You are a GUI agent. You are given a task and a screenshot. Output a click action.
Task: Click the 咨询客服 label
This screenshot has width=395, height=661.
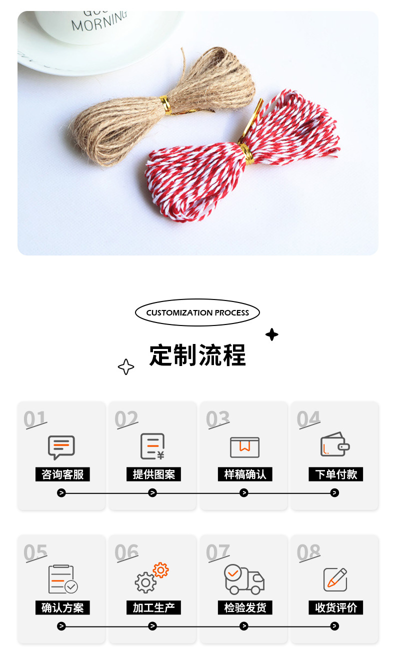tap(62, 474)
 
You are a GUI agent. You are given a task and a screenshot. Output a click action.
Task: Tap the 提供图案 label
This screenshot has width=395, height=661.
tap(153, 474)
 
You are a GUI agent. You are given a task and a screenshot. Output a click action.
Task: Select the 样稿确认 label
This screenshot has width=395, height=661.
tap(245, 474)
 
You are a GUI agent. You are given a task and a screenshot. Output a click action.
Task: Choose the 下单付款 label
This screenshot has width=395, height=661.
tap(336, 474)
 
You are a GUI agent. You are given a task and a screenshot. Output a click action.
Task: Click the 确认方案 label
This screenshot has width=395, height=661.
tap(62, 608)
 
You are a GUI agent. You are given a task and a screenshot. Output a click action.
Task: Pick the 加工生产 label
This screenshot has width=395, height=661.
tap(153, 608)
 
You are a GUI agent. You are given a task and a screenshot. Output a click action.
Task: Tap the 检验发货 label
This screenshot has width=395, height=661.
tap(245, 608)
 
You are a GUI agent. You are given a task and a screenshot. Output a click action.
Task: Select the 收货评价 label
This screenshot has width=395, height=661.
tap(336, 608)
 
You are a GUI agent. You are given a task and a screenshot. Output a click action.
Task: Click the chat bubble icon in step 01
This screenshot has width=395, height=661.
tap(61, 447)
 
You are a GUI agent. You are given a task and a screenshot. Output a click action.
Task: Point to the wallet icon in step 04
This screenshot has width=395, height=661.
tap(334, 444)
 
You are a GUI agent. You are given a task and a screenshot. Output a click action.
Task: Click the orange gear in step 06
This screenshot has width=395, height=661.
tap(160, 570)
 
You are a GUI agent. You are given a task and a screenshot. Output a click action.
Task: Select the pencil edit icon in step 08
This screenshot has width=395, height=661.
tap(335, 579)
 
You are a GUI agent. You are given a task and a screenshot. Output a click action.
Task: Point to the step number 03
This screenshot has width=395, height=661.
tap(217, 419)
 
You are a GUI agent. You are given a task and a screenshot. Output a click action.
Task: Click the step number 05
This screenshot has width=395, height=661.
tap(35, 552)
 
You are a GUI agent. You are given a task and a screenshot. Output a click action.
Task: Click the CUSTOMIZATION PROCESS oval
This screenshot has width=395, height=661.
tap(197, 313)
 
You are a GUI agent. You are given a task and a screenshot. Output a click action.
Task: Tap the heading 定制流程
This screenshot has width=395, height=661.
tap(197, 355)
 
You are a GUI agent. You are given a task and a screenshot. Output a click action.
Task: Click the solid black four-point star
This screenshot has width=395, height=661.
tap(271, 334)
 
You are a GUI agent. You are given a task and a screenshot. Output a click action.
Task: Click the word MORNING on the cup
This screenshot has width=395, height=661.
tap(99, 21)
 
